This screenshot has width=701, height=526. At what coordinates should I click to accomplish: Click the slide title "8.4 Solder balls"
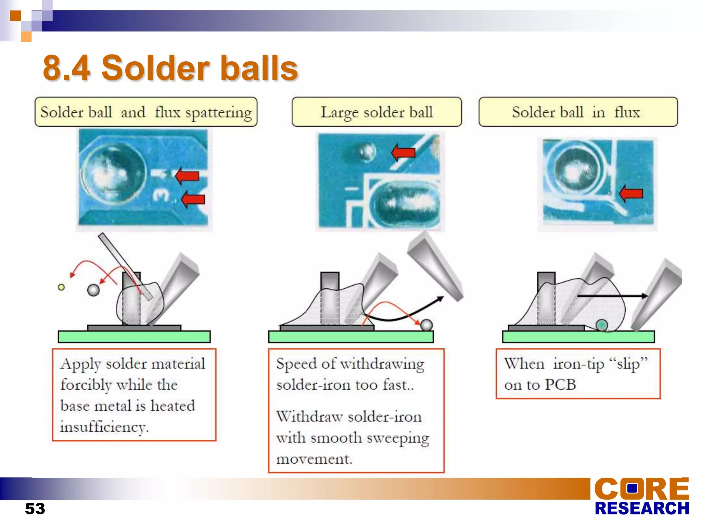point(170,68)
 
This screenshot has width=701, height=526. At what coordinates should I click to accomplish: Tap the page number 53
point(35,509)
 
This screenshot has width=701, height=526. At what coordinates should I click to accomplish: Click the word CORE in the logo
point(641,489)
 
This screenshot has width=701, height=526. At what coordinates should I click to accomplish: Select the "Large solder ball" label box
point(377,112)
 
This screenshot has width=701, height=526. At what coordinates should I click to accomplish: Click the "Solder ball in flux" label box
point(578,112)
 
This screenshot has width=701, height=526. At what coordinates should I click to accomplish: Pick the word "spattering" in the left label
point(218,113)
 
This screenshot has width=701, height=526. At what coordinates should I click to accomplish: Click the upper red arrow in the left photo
point(187,176)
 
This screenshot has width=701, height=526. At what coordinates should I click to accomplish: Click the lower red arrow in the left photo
point(193,199)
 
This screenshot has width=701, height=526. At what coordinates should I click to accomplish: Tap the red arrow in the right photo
point(631,193)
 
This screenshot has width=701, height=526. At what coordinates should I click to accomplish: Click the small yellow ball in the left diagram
point(61,287)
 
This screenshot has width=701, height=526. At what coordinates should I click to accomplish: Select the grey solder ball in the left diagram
point(93,290)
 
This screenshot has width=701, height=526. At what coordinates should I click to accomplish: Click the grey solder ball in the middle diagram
point(426,325)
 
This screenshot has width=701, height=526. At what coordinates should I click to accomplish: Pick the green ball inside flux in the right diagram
point(601,325)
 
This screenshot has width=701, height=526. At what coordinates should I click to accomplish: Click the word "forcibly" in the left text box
point(86,385)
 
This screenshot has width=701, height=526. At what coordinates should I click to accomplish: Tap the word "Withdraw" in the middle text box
point(309,417)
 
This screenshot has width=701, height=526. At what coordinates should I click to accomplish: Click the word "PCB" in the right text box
point(560,385)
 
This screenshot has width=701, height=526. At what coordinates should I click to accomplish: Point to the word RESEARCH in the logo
point(641,509)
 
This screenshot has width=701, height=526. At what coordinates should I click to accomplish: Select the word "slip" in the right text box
point(628,364)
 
